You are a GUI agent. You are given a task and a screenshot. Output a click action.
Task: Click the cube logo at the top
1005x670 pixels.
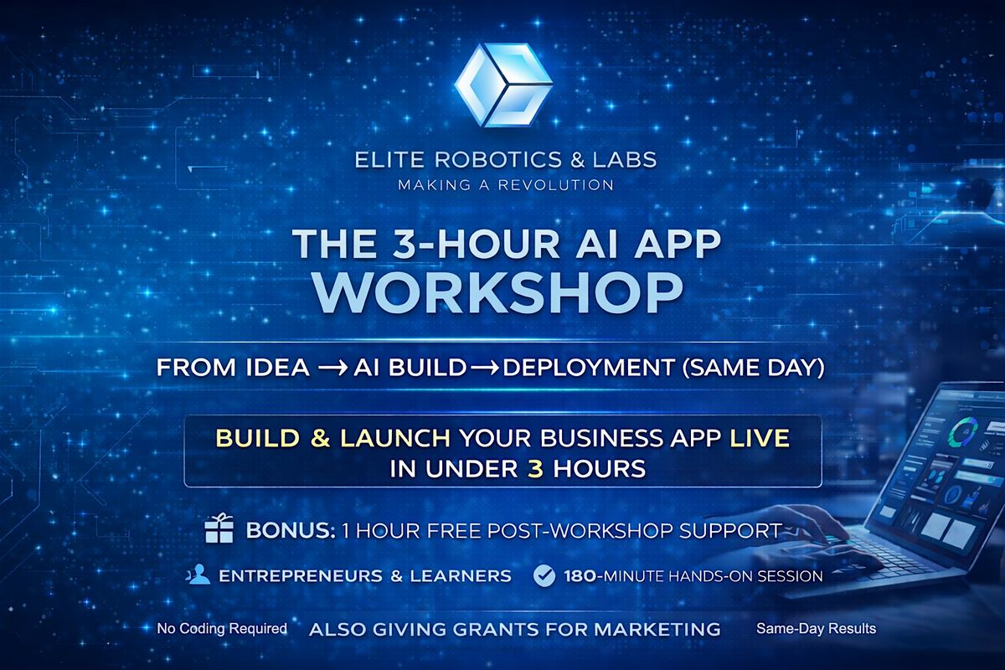point(503,85)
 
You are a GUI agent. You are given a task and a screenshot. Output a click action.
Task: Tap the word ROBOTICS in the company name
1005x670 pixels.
point(498,160)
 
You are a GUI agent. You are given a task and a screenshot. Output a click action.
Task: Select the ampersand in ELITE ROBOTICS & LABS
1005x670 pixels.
point(578,160)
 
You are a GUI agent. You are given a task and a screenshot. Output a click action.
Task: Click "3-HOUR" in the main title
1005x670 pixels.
point(476,244)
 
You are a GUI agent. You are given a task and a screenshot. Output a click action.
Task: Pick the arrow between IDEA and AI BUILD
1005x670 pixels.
point(332,368)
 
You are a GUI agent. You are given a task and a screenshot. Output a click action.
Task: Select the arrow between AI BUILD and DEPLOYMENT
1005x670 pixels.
point(484,368)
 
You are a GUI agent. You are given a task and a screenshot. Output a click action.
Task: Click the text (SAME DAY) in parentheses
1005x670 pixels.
point(753,368)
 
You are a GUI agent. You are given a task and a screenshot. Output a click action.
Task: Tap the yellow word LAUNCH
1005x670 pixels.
point(395,439)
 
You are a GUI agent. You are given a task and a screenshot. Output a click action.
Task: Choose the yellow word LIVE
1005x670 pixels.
point(760,439)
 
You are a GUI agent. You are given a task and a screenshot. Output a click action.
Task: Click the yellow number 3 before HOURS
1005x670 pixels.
point(535,469)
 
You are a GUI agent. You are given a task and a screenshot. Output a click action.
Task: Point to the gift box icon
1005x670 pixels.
point(219,528)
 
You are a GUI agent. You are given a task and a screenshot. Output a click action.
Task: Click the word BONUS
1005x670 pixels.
point(291,531)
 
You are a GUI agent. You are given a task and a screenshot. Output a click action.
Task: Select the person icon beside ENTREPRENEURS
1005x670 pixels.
point(198,574)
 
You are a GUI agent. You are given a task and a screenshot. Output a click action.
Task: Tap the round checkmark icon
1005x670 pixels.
point(544,575)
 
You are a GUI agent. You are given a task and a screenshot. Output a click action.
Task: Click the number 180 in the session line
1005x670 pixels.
point(580,576)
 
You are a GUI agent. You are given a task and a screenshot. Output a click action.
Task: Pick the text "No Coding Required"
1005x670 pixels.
point(222,629)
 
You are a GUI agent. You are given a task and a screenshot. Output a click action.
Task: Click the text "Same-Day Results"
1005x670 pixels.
point(816,629)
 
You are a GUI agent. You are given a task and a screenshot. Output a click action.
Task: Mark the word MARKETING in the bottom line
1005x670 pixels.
point(657,630)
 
